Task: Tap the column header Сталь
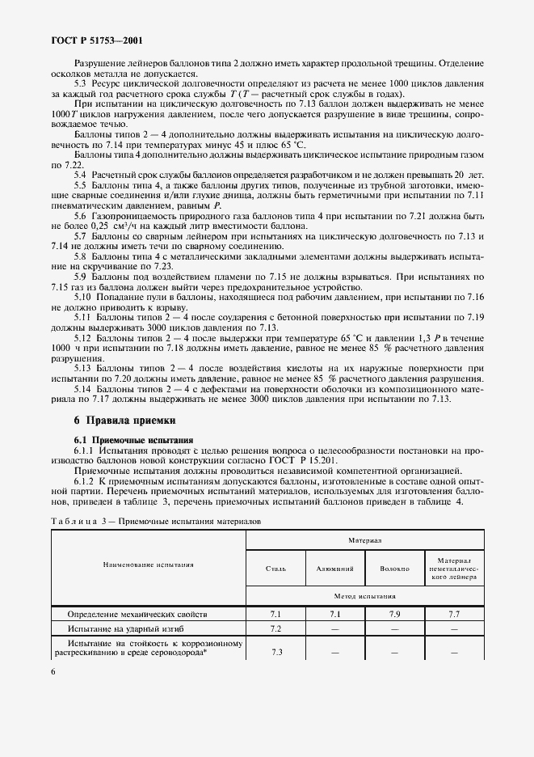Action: (275, 569)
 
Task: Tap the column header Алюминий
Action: (335, 569)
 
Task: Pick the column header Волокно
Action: (394, 569)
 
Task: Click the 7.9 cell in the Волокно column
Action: (394, 615)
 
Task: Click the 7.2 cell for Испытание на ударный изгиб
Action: (275, 628)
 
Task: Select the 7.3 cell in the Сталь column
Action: (275, 651)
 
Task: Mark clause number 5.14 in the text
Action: (83, 390)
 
